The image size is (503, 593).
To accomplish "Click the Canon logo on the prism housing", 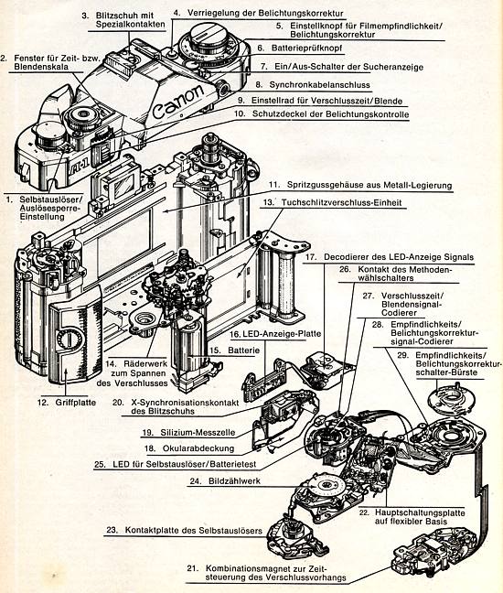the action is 177,102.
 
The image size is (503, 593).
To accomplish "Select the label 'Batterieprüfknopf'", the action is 306,48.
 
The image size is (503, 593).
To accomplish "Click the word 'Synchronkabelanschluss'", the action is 319,85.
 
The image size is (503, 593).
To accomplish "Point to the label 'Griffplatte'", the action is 76,403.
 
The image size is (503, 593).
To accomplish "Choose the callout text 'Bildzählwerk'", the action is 234,481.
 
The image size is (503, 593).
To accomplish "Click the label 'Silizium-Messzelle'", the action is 198,433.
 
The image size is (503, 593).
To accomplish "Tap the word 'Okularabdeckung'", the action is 198,448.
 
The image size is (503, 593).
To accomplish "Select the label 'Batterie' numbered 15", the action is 244,350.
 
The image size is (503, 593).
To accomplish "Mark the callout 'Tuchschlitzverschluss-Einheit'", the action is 341,203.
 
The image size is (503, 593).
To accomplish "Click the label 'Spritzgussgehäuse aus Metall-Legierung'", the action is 369,185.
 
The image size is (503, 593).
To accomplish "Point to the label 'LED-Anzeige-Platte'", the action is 282,334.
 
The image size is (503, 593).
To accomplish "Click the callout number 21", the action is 193,568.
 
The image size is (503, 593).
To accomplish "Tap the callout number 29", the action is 403,355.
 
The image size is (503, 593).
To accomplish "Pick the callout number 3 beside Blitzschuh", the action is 85,16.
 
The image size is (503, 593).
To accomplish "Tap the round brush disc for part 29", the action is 451,398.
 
